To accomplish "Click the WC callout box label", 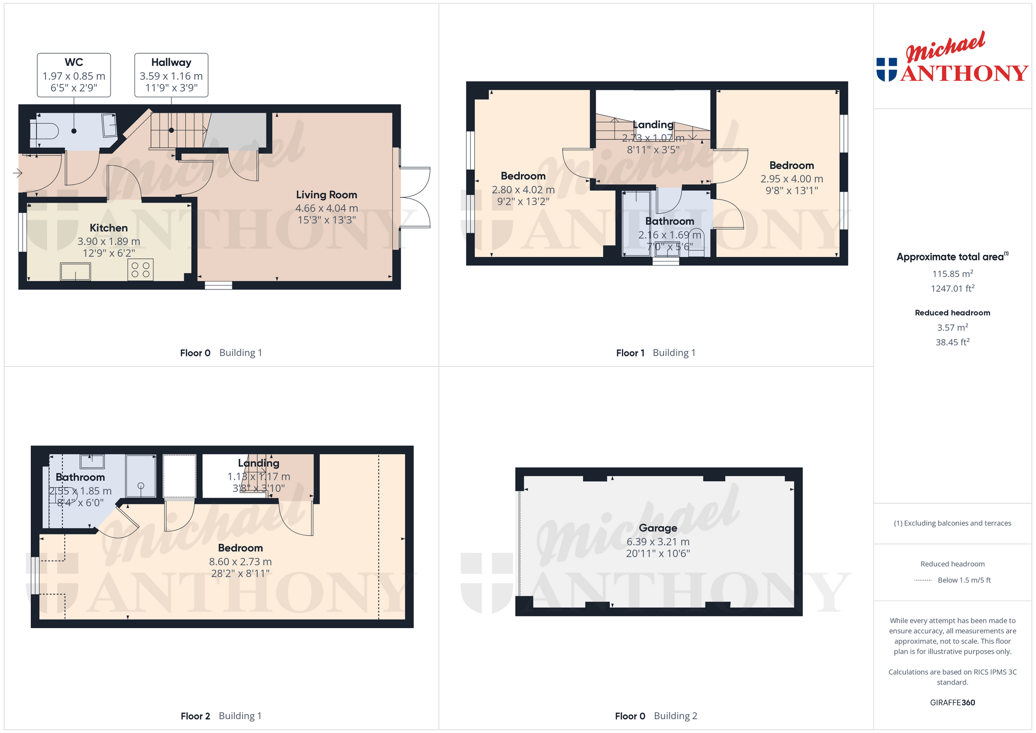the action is coord(74,62).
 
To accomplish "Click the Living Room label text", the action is coord(326,195).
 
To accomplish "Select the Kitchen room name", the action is coord(108,228).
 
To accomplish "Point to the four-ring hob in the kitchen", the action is coord(141,270).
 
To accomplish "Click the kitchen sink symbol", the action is coord(76,272).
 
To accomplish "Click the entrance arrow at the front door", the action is coord(18,173).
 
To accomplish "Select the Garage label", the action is coord(658,528).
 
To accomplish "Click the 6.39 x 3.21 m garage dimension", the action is coord(658,542).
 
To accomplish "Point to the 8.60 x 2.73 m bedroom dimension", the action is coord(240,562).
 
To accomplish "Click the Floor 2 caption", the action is coord(195,716).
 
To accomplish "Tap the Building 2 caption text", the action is coord(675,716).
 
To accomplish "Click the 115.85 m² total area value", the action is coord(953,274).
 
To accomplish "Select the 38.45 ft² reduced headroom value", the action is coord(953,342).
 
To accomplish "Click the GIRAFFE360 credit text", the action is coord(953,703).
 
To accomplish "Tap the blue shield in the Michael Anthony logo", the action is coord(887,70).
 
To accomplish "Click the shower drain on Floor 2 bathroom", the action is coord(141,486).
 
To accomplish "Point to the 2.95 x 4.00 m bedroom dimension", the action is coord(791,179).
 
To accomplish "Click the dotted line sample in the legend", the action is coord(923,581).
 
